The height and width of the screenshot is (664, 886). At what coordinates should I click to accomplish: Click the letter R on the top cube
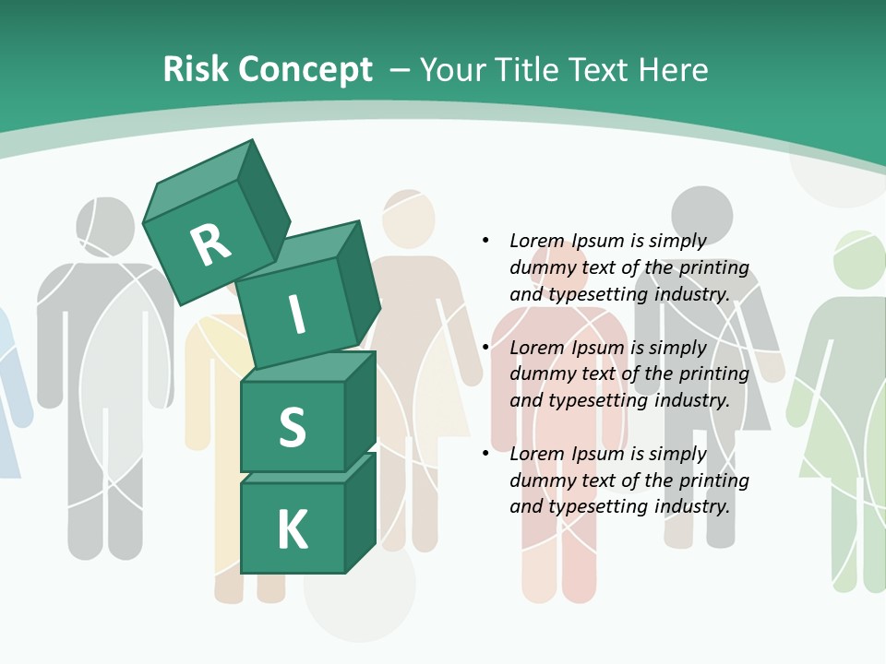pyautogui.click(x=211, y=244)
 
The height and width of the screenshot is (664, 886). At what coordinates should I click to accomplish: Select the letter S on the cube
pyautogui.click(x=292, y=428)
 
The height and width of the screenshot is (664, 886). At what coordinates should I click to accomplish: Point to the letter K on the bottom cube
pyautogui.click(x=292, y=530)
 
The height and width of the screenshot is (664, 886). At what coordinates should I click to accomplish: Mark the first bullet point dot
pyautogui.click(x=485, y=241)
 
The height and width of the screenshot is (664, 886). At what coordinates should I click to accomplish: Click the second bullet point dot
pyautogui.click(x=485, y=348)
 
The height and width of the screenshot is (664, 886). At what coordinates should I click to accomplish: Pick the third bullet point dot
pyautogui.click(x=485, y=454)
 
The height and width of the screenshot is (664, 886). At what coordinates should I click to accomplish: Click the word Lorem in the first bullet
pyautogui.click(x=537, y=241)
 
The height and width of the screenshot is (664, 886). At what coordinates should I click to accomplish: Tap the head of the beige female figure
pyautogui.click(x=408, y=219)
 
